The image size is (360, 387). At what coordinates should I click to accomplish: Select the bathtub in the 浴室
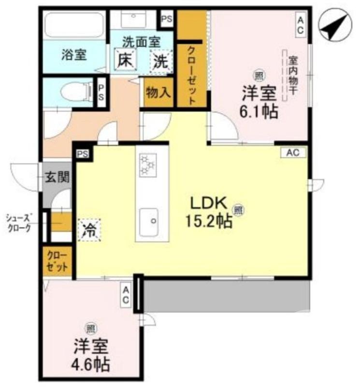click(x=72, y=23)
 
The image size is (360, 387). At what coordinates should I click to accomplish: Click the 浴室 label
click(x=73, y=55)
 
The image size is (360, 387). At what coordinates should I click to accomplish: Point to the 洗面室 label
click(x=141, y=43)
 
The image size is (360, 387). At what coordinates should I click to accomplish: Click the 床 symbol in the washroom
click(x=125, y=61)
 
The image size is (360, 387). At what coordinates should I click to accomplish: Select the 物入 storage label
click(x=158, y=91)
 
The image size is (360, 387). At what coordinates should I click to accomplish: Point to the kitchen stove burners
click(x=148, y=165)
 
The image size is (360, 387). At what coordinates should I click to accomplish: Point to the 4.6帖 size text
click(x=91, y=363)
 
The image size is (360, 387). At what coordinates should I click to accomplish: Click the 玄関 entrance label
click(x=57, y=177)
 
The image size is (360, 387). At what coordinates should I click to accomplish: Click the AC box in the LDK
click(x=293, y=153)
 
